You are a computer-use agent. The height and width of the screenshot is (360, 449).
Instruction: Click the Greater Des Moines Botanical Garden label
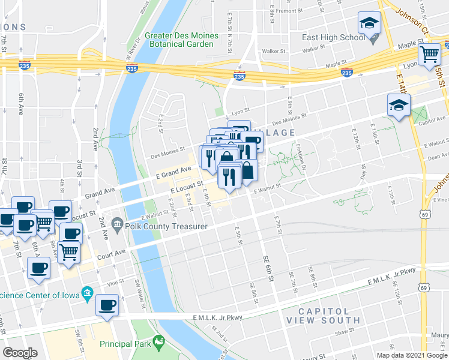point(183,40)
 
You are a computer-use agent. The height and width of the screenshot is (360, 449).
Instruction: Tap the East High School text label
point(334,37)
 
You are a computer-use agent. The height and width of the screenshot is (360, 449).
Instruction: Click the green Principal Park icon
point(159,343)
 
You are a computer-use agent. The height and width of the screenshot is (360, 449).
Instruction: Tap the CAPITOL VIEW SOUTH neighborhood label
point(324,316)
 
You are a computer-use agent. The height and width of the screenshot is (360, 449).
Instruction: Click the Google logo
point(20,353)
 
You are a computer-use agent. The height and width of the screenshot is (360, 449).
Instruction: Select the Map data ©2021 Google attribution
point(411,355)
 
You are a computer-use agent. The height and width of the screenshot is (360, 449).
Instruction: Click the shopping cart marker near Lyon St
point(430,54)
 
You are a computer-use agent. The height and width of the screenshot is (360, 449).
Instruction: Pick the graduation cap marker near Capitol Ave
point(399,105)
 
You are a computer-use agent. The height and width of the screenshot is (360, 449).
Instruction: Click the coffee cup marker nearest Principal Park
point(108,305)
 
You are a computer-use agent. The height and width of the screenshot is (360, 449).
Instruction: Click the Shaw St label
point(345,331)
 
